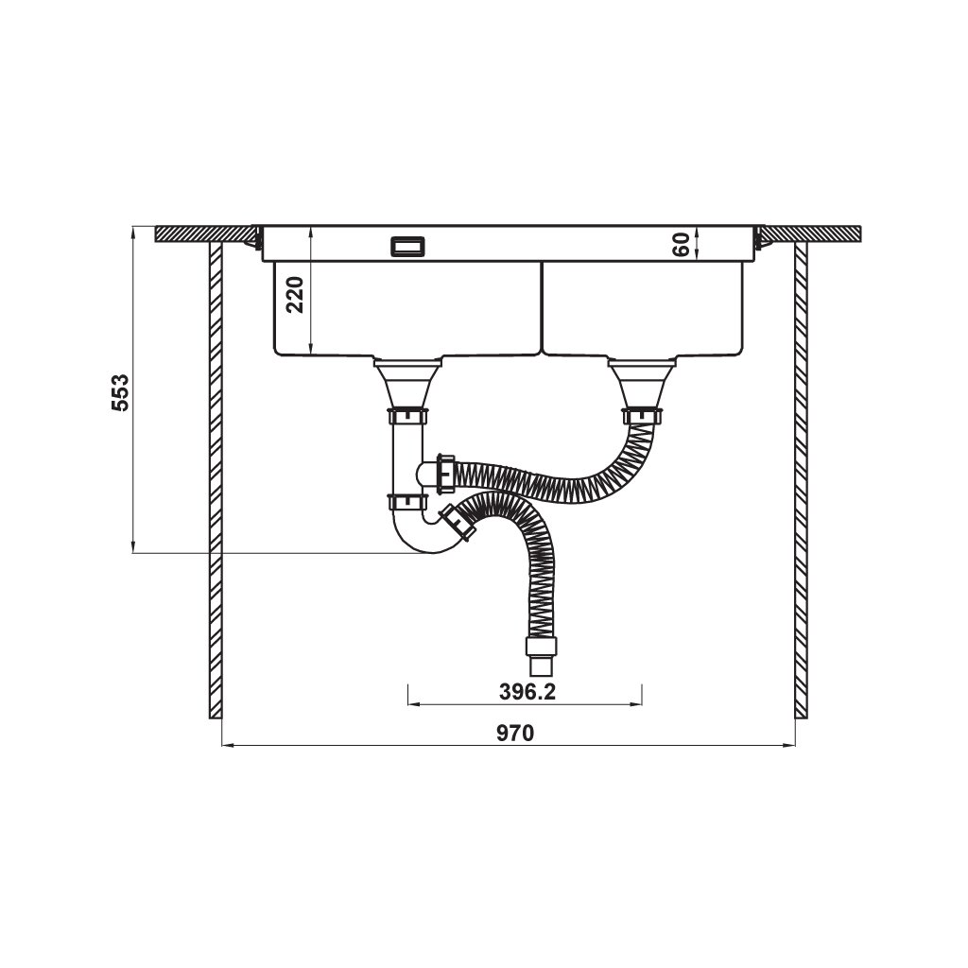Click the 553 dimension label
[120, 391]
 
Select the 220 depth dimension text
[295, 295]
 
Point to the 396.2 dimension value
[526, 692]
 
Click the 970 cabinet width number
[517, 733]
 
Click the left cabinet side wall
[215, 482]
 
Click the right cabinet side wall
[802, 482]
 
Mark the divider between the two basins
[541, 307]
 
